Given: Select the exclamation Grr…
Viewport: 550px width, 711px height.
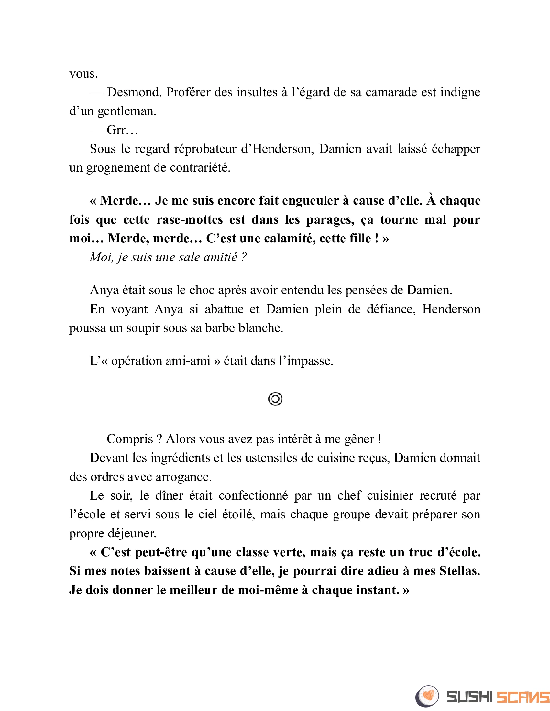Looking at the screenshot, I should [122, 130].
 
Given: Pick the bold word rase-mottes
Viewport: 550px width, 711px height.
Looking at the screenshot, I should [190, 220].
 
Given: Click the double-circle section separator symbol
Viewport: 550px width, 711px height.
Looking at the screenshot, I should [275, 399].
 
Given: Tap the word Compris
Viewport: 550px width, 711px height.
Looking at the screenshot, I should [130, 439].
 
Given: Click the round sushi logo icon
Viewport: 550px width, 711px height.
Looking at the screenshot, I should [427, 697].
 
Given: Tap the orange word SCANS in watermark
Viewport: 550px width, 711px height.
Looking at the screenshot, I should [522, 697].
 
